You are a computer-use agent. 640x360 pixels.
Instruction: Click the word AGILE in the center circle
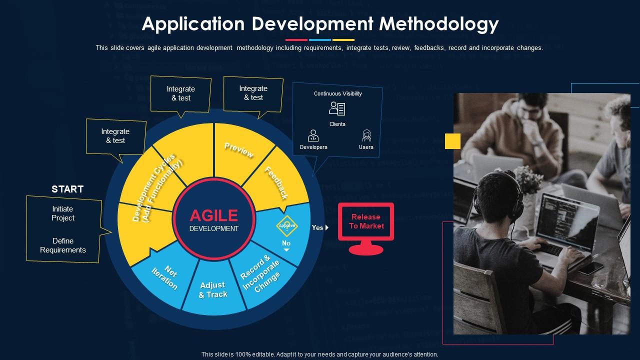214,215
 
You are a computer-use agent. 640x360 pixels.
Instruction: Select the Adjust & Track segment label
213,290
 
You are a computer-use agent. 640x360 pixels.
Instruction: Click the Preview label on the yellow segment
239,149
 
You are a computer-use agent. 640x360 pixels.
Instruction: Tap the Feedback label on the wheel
276,183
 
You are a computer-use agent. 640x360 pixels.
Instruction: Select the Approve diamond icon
287,225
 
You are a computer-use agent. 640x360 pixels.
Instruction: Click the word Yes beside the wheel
317,227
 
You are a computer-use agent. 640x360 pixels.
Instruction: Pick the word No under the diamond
286,243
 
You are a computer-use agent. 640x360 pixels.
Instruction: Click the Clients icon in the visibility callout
337,108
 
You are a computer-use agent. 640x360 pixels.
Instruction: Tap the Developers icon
313,136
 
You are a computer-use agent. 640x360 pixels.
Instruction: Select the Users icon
366,136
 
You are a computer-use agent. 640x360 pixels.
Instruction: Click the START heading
67,189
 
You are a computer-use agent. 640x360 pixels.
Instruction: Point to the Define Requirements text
63,245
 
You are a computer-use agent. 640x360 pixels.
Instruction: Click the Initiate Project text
63,213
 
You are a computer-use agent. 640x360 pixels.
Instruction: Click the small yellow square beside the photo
452,141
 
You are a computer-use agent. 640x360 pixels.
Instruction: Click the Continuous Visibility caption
338,93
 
